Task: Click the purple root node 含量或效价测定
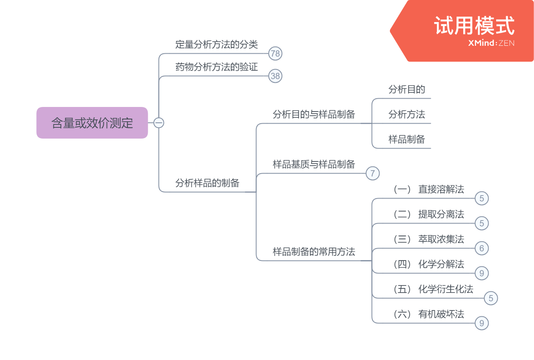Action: pyautogui.click(x=92, y=123)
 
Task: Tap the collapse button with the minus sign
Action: pyautogui.click(x=159, y=123)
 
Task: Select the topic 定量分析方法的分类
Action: pyautogui.click(x=216, y=45)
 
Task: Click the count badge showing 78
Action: pyautogui.click(x=275, y=53)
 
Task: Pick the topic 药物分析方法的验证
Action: pyautogui.click(x=216, y=67)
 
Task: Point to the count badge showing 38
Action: pyautogui.click(x=275, y=76)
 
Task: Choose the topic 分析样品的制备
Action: pyautogui.click(x=207, y=183)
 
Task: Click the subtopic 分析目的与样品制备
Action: pyautogui.click(x=314, y=114)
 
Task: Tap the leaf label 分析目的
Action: pyautogui.click(x=407, y=89)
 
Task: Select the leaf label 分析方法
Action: pyautogui.click(x=407, y=114)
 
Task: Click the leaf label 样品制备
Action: pyautogui.click(x=407, y=139)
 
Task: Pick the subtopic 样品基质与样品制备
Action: pyautogui.click(x=314, y=164)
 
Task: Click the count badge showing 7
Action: pyautogui.click(x=373, y=173)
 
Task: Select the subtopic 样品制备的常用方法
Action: pyautogui.click(x=314, y=252)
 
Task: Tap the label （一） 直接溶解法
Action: pyautogui.click(x=429, y=189)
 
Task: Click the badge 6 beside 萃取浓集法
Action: pyautogui.click(x=482, y=248)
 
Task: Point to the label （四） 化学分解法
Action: pyautogui.click(x=429, y=264)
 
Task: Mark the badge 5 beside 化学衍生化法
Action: pyautogui.click(x=491, y=298)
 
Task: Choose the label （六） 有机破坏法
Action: pyautogui.click(x=429, y=314)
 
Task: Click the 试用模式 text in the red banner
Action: pyautogui.click(x=474, y=26)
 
